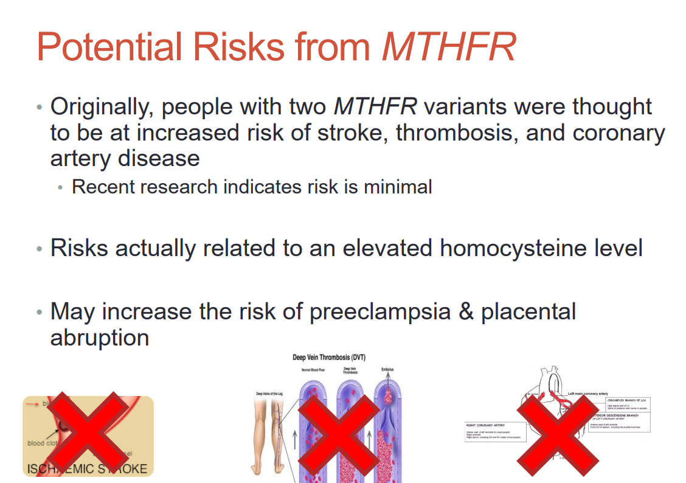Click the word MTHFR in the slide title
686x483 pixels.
(449, 47)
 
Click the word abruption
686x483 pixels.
(100, 338)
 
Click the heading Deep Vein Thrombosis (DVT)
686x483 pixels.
(329, 358)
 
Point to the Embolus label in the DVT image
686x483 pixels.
(387, 369)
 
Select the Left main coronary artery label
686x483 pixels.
(587, 394)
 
